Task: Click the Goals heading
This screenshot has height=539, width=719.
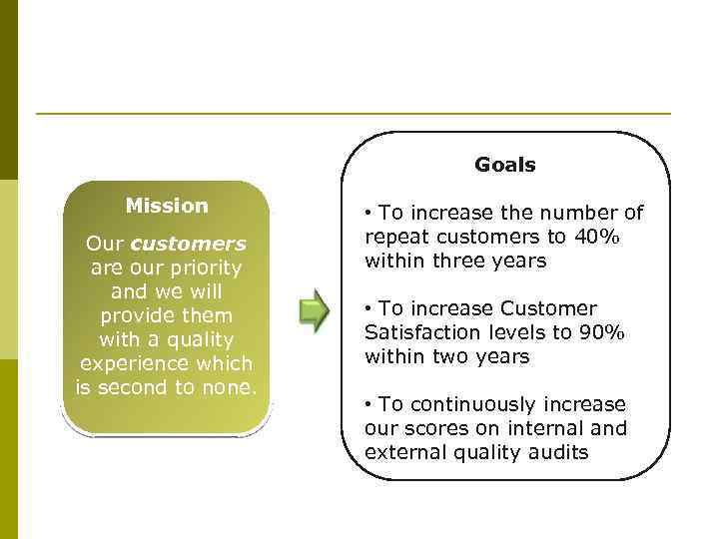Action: (x=504, y=166)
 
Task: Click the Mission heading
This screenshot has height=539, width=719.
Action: (x=167, y=206)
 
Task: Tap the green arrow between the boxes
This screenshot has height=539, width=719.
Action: (x=315, y=311)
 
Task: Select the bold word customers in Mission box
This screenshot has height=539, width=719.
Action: (x=188, y=245)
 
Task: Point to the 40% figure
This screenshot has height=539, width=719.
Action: (x=599, y=237)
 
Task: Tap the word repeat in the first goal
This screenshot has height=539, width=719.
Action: (x=396, y=237)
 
